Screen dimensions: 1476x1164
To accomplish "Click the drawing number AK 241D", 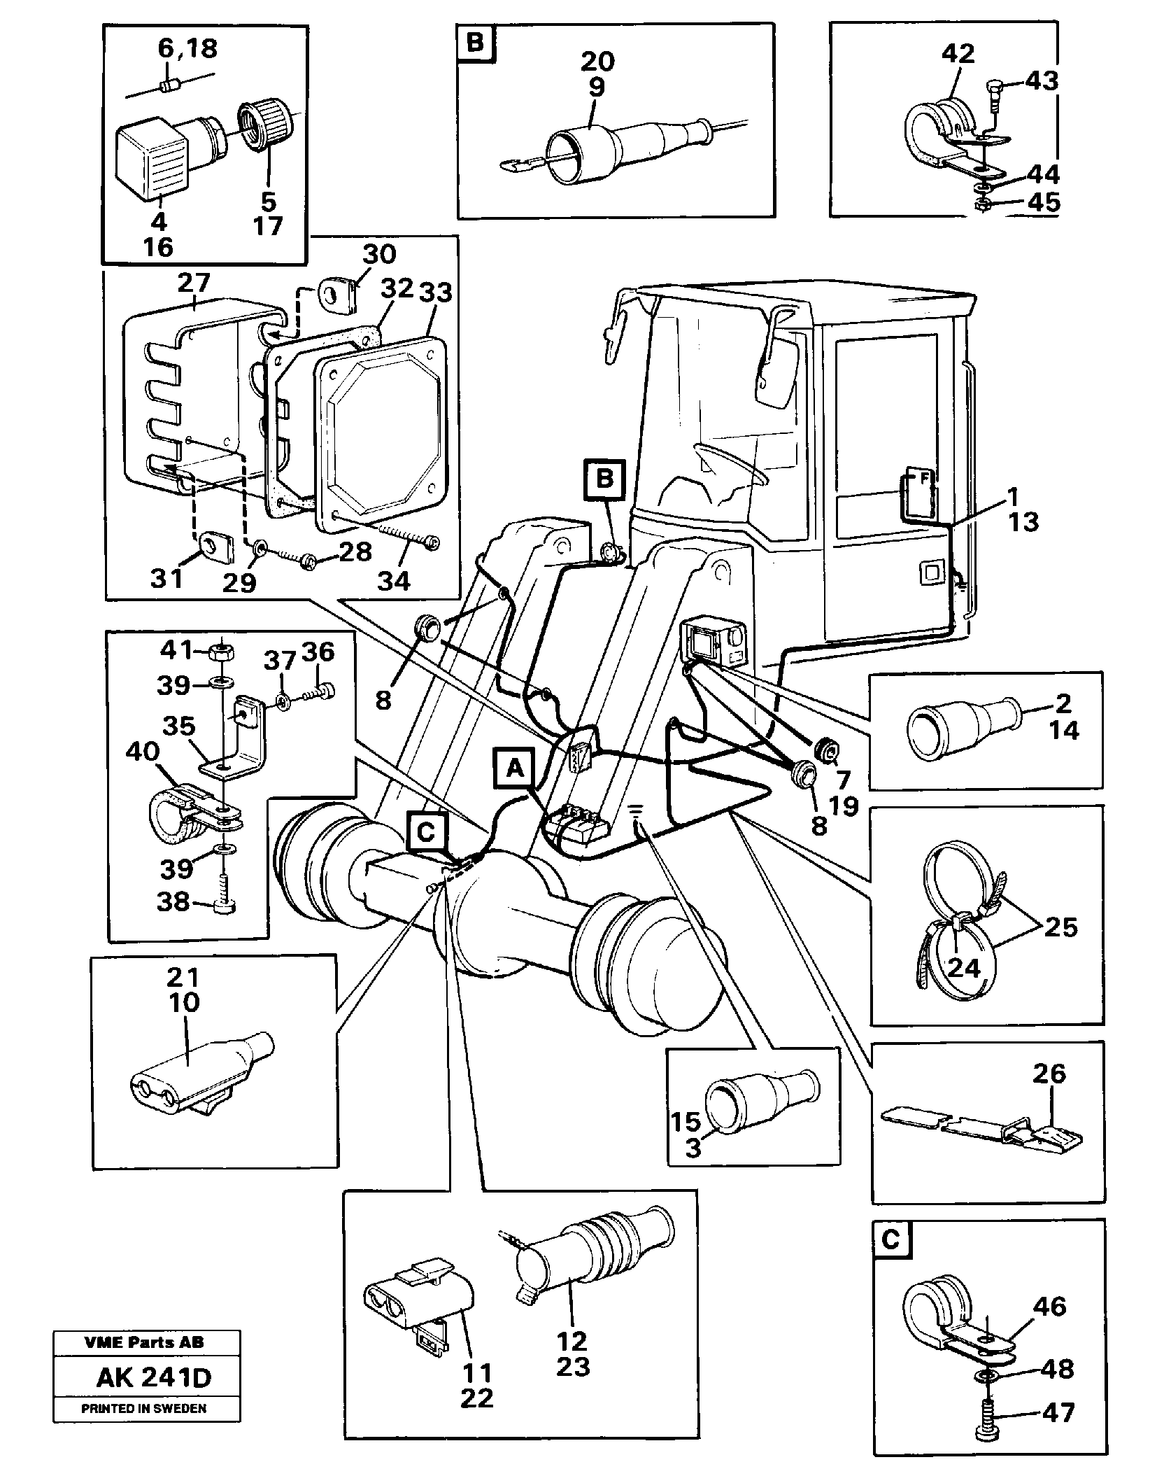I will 153,1378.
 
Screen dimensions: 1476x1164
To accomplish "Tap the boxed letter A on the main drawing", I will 515,768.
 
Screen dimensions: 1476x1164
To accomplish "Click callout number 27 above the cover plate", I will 194,283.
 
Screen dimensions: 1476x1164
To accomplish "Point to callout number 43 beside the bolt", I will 1042,81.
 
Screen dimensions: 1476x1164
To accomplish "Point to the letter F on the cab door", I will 923,479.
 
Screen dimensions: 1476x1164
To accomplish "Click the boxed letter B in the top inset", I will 475,43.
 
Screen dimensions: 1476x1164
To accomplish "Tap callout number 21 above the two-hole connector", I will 183,976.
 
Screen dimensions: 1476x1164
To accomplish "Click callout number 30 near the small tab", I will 380,255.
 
